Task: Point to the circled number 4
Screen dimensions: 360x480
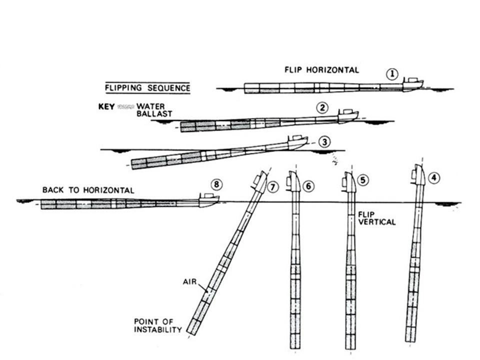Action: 435,176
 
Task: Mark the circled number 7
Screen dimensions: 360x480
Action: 272,187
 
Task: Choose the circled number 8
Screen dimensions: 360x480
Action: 216,184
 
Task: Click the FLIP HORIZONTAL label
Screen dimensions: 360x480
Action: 321,70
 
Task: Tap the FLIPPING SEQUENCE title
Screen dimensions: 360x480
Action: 147,88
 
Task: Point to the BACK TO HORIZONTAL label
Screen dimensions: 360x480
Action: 88,190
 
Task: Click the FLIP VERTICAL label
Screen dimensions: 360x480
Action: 376,218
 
